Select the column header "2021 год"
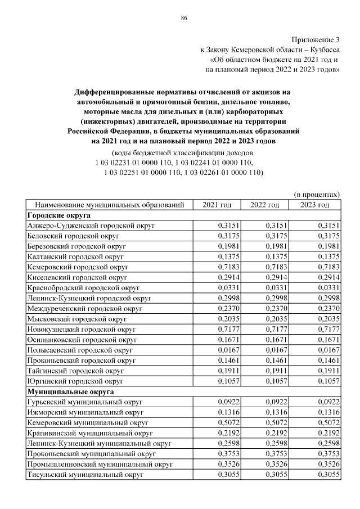coord(217,205)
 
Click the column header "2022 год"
coord(264,205)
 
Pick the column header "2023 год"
coord(314,205)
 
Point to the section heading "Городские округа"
coord(59,215)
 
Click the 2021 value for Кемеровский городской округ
coord(228,265)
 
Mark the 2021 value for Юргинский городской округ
coord(228,381)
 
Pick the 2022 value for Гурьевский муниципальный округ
coord(276,402)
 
